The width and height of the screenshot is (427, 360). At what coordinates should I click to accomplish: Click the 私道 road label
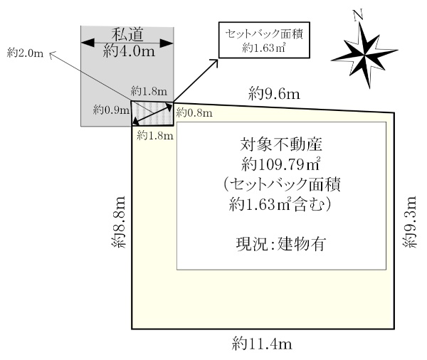click(x=129, y=33)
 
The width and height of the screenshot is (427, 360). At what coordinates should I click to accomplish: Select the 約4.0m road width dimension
click(x=129, y=51)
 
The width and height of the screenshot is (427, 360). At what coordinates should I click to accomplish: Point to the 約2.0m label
click(x=25, y=52)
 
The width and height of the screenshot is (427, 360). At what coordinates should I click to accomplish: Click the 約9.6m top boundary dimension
click(x=273, y=92)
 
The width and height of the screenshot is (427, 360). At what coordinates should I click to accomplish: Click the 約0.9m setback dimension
click(x=111, y=110)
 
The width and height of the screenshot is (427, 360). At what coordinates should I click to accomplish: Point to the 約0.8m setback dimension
click(x=194, y=112)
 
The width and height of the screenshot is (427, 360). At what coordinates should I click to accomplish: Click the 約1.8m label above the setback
click(x=149, y=92)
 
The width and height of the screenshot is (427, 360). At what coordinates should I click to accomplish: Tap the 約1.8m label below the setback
click(x=154, y=134)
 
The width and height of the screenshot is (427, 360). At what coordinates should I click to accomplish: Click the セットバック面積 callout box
click(x=263, y=41)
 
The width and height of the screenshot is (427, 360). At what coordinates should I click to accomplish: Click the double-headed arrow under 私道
click(x=128, y=43)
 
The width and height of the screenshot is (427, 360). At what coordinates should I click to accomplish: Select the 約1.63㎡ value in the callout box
click(x=263, y=48)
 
